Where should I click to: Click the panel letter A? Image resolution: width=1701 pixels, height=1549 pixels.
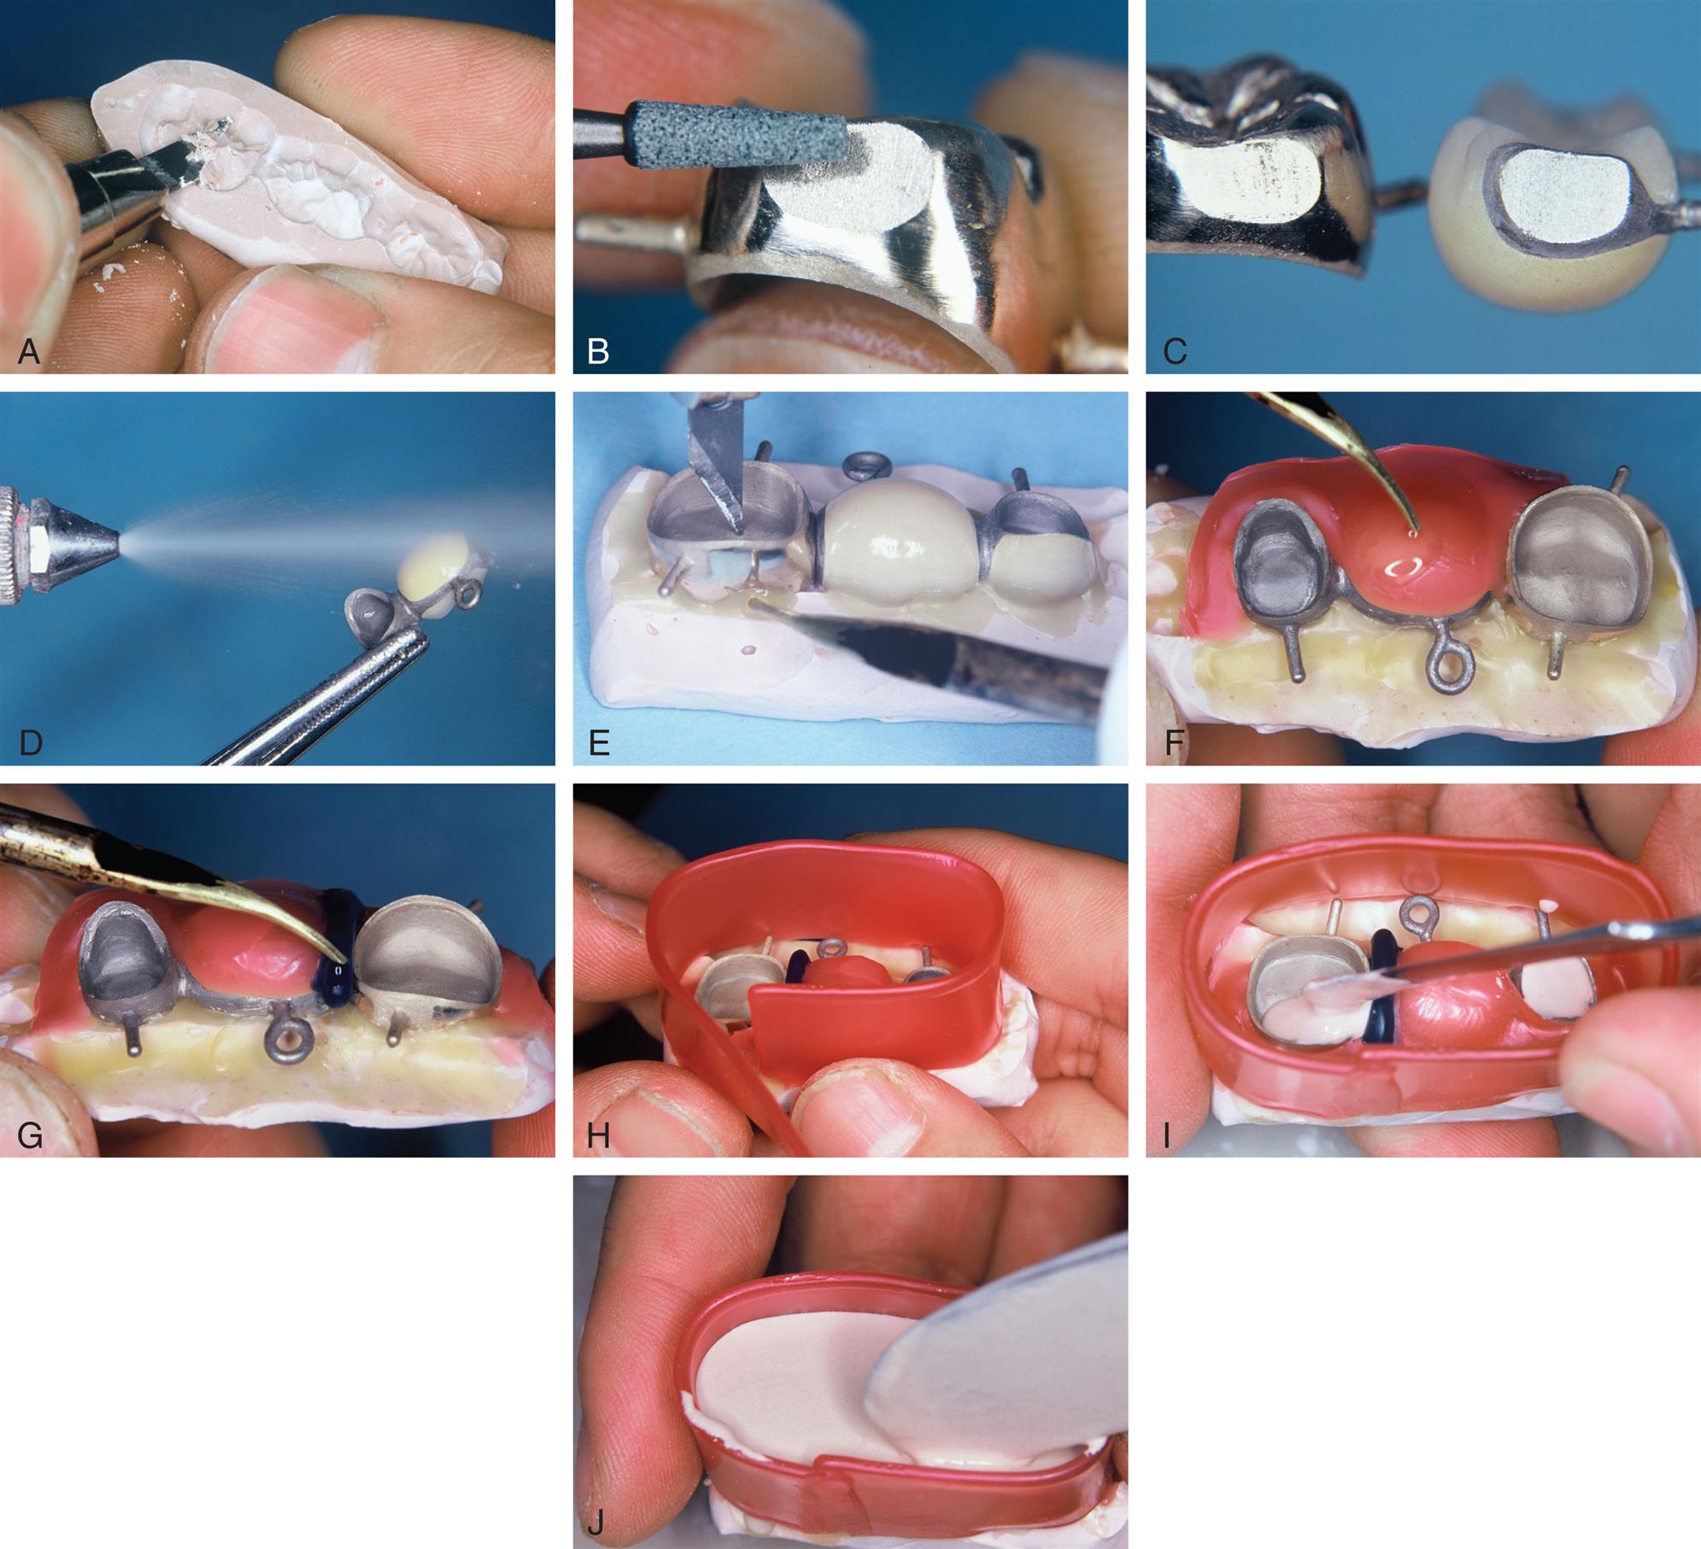(x=29, y=351)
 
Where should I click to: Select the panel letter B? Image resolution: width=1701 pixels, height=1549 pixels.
(x=599, y=351)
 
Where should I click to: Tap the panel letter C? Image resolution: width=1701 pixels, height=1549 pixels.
(x=1175, y=351)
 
